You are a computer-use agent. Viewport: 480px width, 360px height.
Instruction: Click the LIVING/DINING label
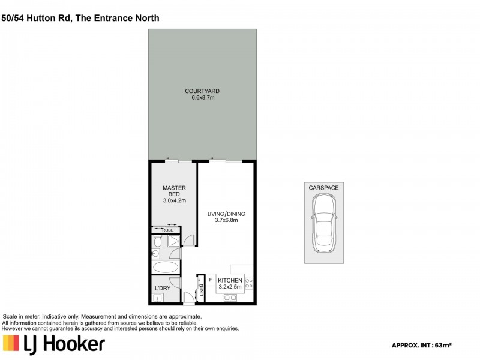coord(227,213)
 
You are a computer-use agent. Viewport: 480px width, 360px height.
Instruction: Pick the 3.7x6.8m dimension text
coord(227,220)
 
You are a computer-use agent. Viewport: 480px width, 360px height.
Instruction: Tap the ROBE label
coord(166,230)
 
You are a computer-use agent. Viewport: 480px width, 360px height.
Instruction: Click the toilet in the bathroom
coord(157,241)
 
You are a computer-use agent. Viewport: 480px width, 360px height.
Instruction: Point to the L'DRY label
coord(163,288)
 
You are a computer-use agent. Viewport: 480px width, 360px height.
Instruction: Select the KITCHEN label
coord(230,281)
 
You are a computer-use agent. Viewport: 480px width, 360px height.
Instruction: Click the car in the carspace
coord(324,225)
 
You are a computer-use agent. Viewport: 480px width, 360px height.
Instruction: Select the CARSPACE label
coord(324,188)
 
